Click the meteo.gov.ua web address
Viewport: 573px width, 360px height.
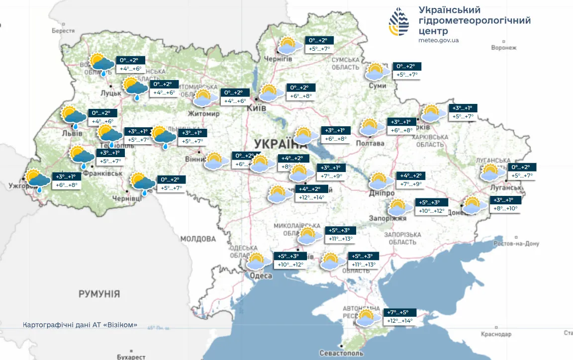pyautogui.click(x=438, y=40)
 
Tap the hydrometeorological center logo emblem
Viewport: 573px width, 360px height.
pyautogui.click(x=401, y=22)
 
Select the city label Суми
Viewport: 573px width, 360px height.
pyautogui.click(x=378, y=86)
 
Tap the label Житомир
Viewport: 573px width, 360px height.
pyautogui.click(x=203, y=114)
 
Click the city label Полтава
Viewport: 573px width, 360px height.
pyautogui.click(x=370, y=143)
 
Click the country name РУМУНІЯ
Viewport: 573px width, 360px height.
pyautogui.click(x=99, y=294)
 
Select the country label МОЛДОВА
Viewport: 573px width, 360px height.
pyautogui.click(x=198, y=239)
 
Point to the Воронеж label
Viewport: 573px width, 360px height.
pyautogui.click(x=504, y=48)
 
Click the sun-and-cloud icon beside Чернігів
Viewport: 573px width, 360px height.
pyautogui.click(x=289, y=46)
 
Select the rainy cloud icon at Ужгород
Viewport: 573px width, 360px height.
pyautogui.click(x=37, y=180)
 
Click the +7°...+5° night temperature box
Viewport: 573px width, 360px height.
pyautogui.click(x=399, y=312)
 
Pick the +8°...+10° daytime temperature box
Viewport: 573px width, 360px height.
pyautogui.click(x=505, y=208)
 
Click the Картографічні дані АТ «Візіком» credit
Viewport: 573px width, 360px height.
pyautogui.click(x=80, y=325)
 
